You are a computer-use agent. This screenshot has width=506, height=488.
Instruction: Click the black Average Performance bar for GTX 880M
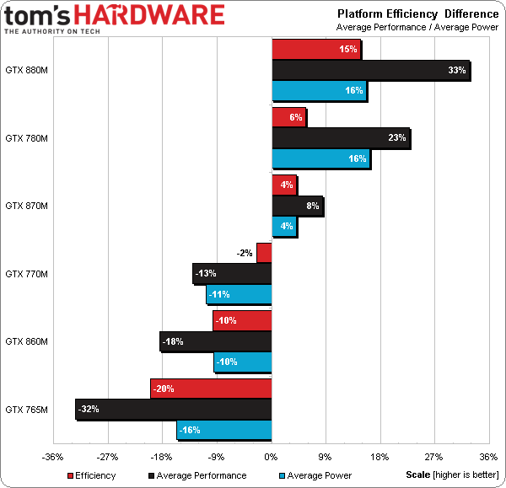click(370, 71)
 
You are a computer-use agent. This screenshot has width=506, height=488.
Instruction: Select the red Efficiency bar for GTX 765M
click(211, 389)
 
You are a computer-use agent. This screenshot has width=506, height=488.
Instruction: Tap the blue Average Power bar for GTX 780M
click(320, 158)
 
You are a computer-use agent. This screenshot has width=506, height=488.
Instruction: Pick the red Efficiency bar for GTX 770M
click(264, 253)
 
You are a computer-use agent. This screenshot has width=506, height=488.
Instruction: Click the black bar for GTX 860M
click(216, 341)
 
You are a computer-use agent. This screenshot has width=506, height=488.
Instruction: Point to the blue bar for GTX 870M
click(284, 227)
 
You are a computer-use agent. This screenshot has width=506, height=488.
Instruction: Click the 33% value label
click(457, 71)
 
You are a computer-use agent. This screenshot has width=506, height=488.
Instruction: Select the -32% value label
click(89, 409)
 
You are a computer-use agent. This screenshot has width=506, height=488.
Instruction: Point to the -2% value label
click(245, 253)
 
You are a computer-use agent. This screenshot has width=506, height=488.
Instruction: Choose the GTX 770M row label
click(26, 274)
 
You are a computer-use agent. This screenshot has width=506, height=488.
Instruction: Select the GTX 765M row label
click(26, 410)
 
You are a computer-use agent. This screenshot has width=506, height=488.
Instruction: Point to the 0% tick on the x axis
click(271, 458)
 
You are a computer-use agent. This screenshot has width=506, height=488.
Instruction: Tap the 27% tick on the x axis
click(434, 458)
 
